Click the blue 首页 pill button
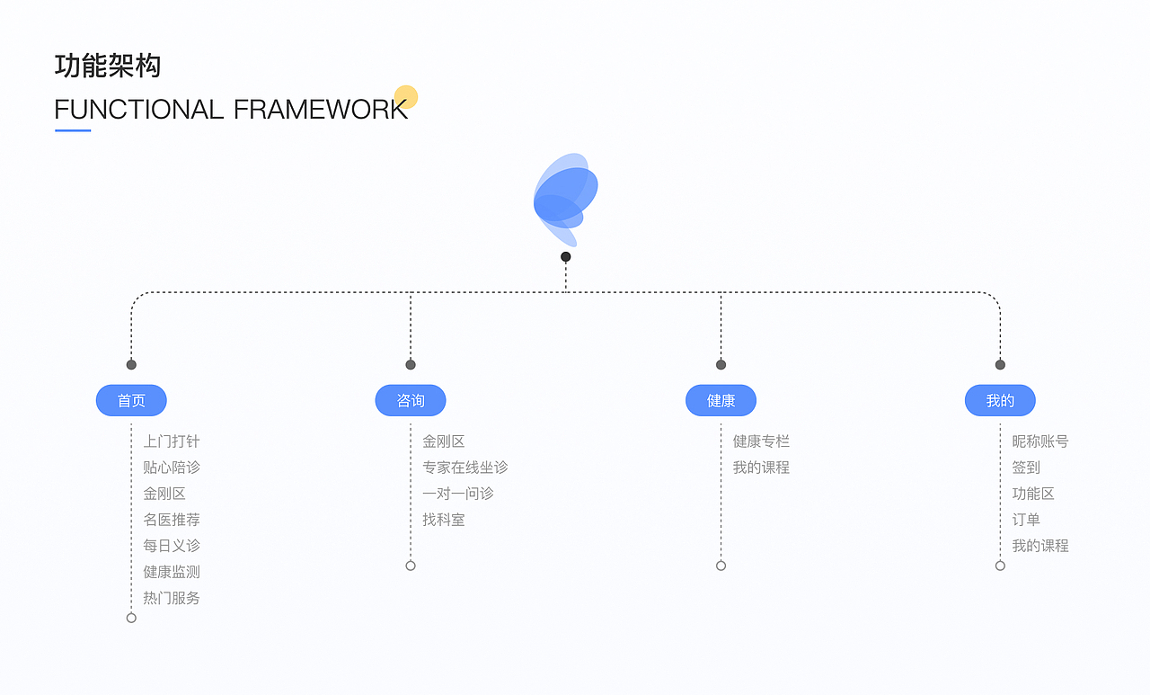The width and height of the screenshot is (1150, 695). coord(131,400)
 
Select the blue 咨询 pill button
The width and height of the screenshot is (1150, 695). coord(411,400)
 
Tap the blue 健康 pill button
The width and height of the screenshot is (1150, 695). coord(721,400)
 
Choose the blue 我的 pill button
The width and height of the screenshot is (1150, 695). coord(1000,400)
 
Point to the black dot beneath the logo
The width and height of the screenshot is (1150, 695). coord(566,256)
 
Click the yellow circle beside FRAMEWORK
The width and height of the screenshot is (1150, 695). coord(406,97)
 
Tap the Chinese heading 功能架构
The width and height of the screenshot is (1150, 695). coord(108,66)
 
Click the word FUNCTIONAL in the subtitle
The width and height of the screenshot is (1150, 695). coord(139,110)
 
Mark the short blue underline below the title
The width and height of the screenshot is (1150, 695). coord(73,130)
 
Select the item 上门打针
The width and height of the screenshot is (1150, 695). coord(172,441)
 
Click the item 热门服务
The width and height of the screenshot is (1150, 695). coord(172,598)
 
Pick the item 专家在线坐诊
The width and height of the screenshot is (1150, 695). coord(465,468)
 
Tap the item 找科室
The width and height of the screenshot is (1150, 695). coord(444,520)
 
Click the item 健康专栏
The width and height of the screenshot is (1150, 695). coord(761,441)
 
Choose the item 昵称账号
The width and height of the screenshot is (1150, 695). coord(1040,441)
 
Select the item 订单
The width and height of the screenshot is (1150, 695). coord(1026,520)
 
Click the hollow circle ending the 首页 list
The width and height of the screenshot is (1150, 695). coord(131,618)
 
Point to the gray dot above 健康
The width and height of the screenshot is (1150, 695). coord(721,365)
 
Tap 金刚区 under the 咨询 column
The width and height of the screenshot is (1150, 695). coord(444,441)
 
